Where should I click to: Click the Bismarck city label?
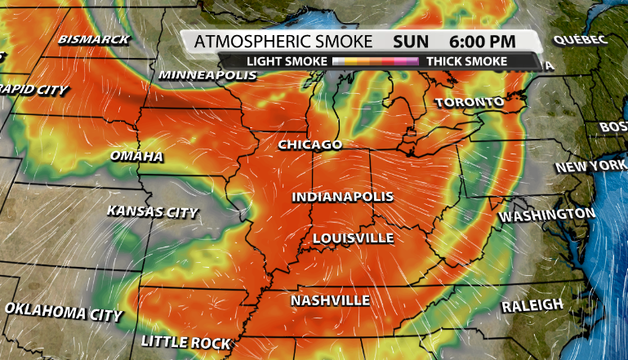click(x=93, y=40)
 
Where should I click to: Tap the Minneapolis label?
click(x=207, y=75)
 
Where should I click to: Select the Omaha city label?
click(x=136, y=156)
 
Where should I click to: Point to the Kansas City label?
click(x=153, y=211)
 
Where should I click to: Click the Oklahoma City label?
click(x=64, y=311)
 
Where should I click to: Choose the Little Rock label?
click(x=185, y=341)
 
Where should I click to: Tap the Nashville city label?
click(x=330, y=300)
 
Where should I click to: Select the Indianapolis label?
click(x=343, y=197)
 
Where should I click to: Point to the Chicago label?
click(x=310, y=144)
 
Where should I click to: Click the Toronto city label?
click(x=469, y=103)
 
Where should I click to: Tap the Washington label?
click(x=547, y=215)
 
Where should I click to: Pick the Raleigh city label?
click(x=532, y=304)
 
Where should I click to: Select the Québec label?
click(x=580, y=39)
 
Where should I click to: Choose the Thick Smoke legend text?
click(x=466, y=61)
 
